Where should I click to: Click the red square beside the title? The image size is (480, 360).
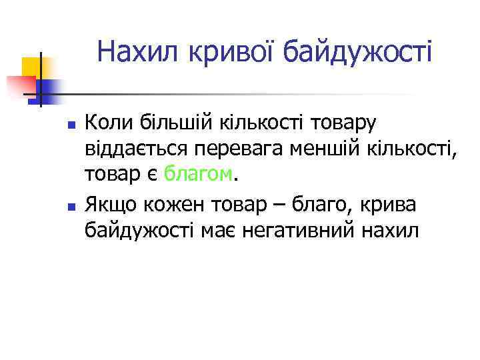tap(21, 87)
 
